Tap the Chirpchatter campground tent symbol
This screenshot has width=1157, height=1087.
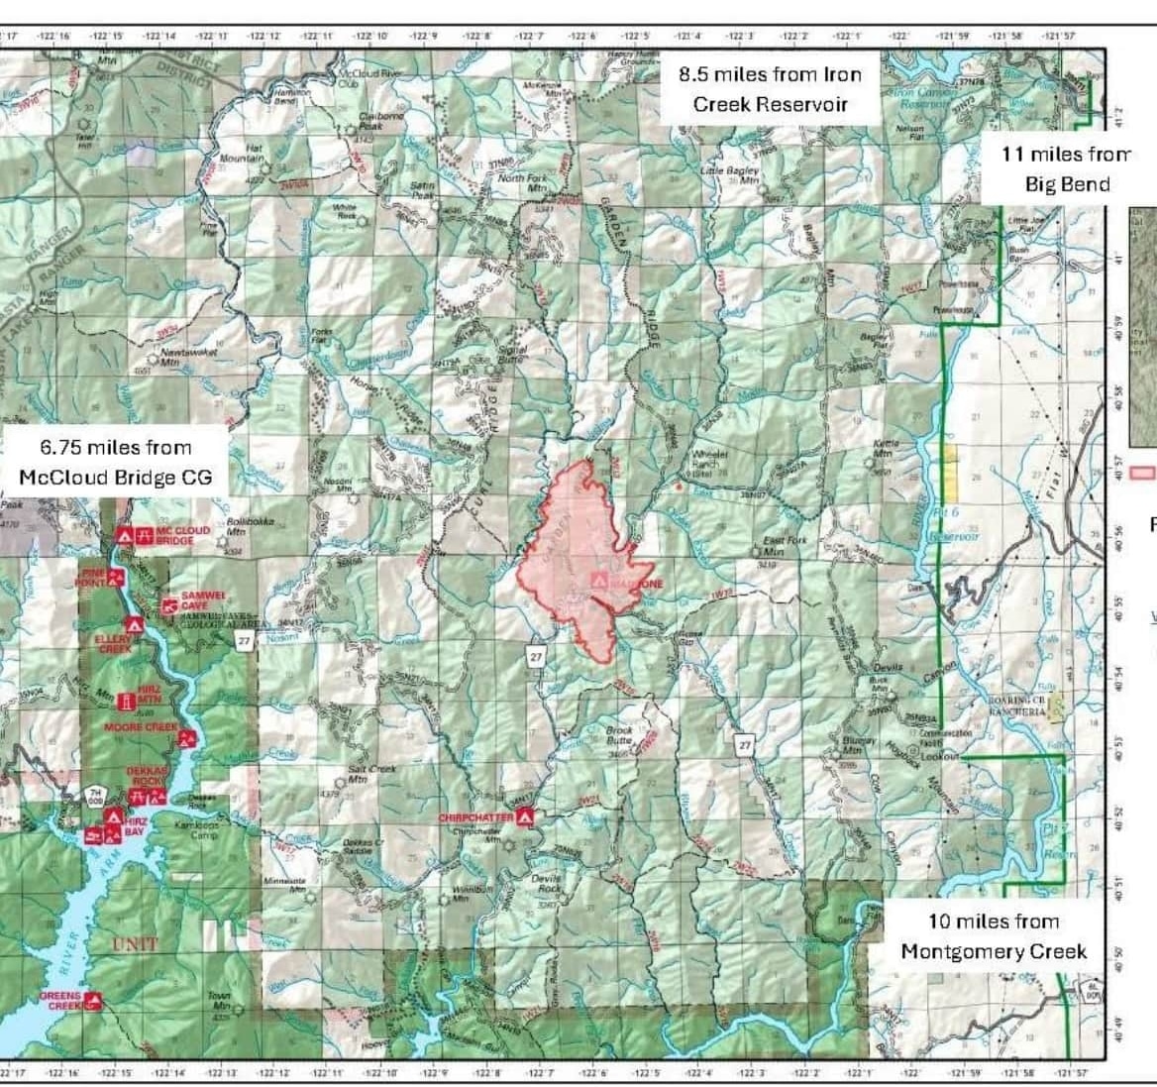pyautogui.click(x=526, y=816)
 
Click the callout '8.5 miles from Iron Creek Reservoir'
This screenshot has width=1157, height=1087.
pyautogui.click(x=770, y=89)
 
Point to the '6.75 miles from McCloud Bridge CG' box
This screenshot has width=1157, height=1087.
pyautogui.click(x=115, y=463)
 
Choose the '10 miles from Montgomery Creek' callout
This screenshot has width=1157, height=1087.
pyautogui.click(x=993, y=936)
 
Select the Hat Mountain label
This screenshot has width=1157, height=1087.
pyautogui.click(x=241, y=154)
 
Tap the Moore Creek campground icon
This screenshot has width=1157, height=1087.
pyautogui.click(x=185, y=737)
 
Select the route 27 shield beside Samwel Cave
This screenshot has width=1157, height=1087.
pyautogui.click(x=245, y=642)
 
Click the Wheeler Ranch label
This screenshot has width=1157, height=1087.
pyautogui.click(x=709, y=461)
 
